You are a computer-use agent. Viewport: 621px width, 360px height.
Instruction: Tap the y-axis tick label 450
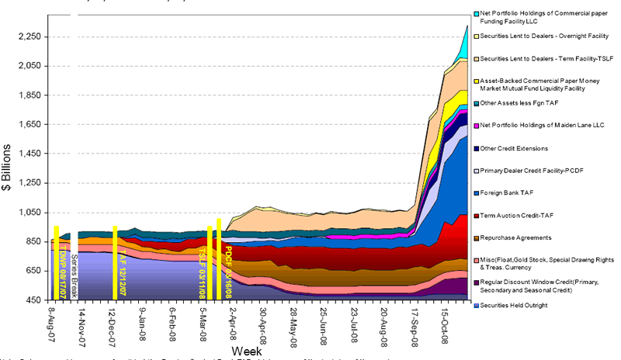[33, 300]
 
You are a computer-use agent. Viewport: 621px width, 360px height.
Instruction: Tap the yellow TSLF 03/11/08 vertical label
[203, 264]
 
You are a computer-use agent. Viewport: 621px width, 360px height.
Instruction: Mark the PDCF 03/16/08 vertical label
[228, 264]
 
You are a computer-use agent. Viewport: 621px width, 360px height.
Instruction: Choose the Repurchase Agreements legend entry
[515, 237]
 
